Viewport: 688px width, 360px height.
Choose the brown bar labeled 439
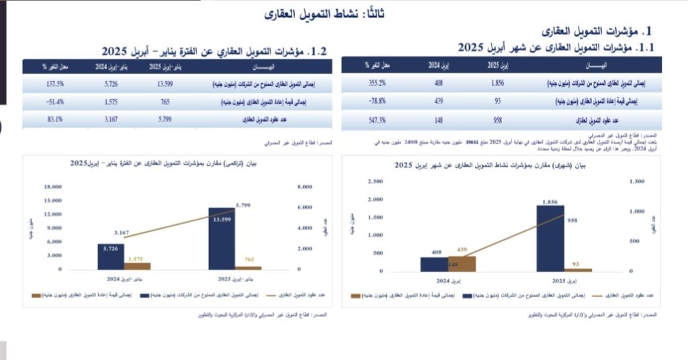[462, 263]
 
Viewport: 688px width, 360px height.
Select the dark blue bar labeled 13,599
[221, 238]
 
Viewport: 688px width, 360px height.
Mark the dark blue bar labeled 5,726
[111, 257]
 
